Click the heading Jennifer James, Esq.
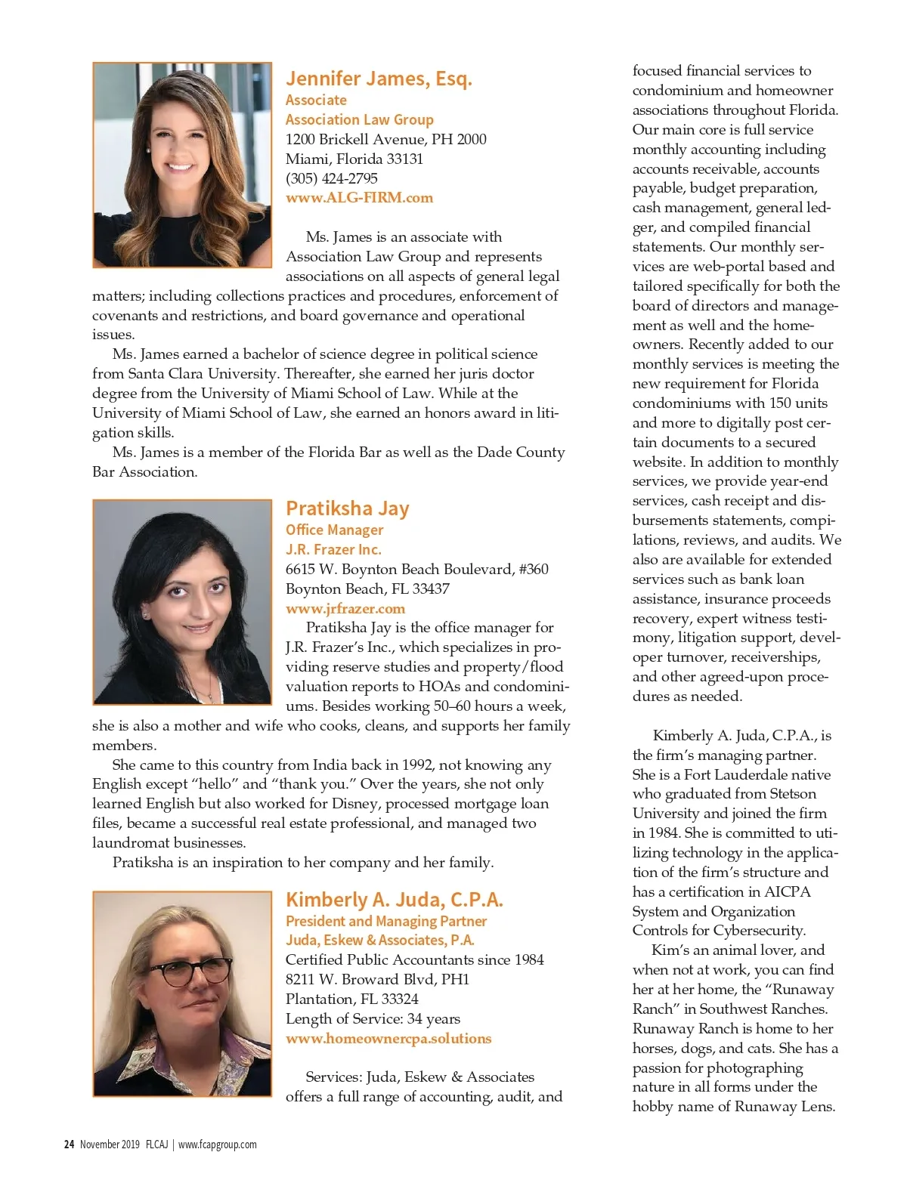[x=379, y=79]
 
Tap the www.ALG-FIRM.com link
[x=359, y=198]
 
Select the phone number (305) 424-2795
[x=331, y=178]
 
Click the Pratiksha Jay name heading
[x=347, y=508]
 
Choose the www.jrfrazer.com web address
[x=345, y=608]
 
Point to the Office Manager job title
[x=334, y=530]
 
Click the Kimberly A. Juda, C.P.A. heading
[x=394, y=900]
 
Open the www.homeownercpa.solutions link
[x=388, y=1039]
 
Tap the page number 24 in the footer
[x=69, y=1145]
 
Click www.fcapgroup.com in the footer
[x=217, y=1145]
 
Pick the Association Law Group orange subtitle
[x=359, y=119]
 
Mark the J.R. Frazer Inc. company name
[x=333, y=549]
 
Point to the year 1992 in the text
[x=416, y=765]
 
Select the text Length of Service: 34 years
[x=373, y=1018]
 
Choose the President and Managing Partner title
[x=385, y=921]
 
